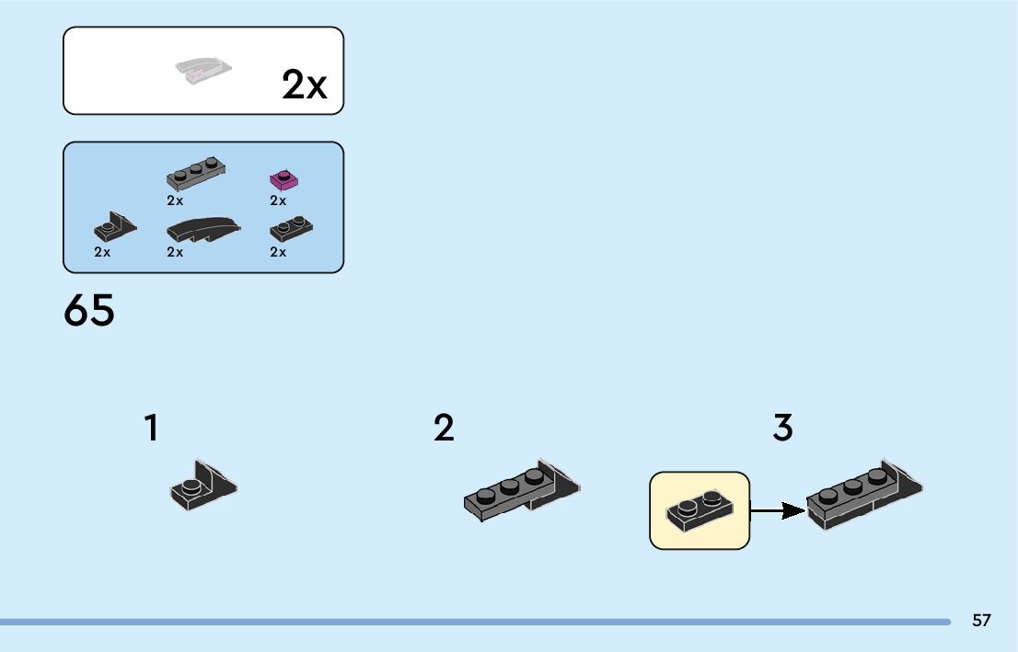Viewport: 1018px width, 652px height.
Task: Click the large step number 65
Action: point(89,311)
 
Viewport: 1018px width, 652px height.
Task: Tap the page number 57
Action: point(981,621)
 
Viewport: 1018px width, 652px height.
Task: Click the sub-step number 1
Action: point(151,428)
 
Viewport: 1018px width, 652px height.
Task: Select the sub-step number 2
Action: point(444,428)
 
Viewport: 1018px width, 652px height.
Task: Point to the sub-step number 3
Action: point(782,428)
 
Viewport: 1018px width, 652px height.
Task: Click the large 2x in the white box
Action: point(304,86)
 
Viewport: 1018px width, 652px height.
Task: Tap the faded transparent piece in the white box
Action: point(203,71)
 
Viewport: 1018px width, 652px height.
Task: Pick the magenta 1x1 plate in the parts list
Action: point(284,180)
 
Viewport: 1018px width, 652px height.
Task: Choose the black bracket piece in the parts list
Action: point(115,230)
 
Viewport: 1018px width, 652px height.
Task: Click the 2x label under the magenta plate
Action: point(278,200)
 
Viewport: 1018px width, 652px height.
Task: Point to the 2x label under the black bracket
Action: point(102,252)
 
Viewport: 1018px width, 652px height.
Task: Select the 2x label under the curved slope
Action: point(176,252)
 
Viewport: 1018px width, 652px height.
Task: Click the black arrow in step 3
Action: point(778,510)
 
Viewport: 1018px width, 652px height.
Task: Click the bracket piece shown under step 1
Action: point(203,485)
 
